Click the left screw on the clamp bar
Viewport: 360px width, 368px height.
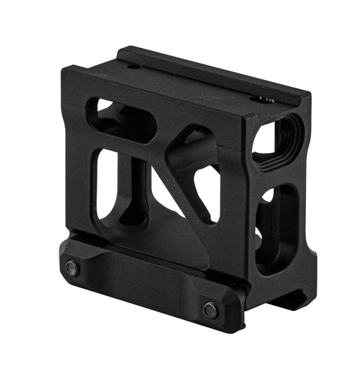point(72,268)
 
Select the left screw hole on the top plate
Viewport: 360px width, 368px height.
point(133,67)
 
